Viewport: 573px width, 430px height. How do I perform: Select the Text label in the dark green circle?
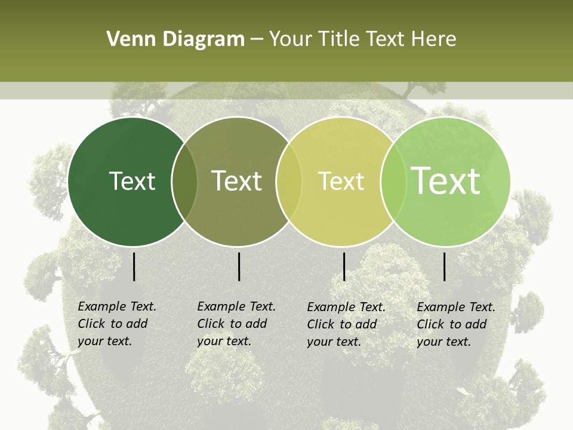pos(132,182)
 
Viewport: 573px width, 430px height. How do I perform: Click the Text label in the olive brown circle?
pos(237,182)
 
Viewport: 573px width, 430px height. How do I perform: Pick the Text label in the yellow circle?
pos(341,182)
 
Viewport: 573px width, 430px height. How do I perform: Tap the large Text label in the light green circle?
pos(446,180)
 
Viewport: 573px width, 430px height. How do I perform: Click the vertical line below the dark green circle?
pos(134,266)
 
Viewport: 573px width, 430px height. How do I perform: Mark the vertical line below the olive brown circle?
pos(239,266)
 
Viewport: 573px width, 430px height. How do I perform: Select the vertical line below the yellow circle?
pos(344,266)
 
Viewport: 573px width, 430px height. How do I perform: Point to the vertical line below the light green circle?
pos(445,266)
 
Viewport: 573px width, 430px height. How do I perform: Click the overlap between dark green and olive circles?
pos(184,182)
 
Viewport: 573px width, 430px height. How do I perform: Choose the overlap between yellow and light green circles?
pos(393,182)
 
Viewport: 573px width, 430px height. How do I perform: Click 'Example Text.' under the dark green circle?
pos(117,307)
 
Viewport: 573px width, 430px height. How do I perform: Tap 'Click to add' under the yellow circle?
pos(342,324)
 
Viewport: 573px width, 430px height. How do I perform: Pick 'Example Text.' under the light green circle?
pos(456,308)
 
